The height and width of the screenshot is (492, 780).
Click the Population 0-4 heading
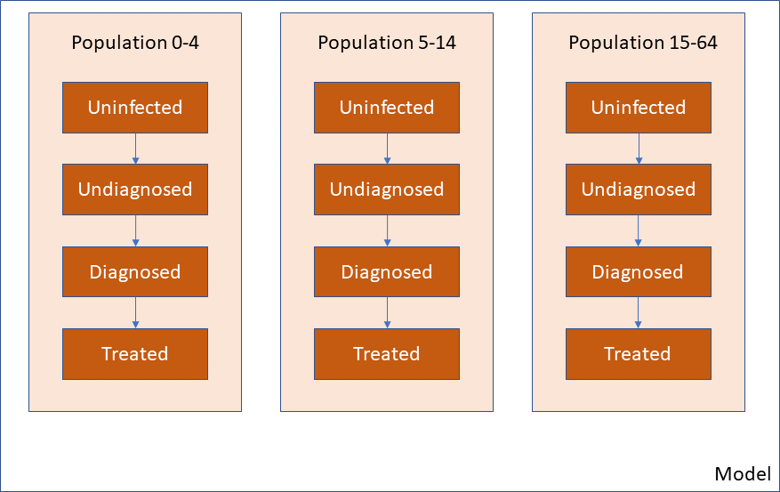coord(135,43)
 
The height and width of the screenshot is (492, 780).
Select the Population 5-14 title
coord(387,43)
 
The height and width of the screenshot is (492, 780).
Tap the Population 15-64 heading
coord(643,43)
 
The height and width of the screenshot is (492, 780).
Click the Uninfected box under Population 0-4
coord(135,108)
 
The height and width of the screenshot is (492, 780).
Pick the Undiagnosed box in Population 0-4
coord(135,190)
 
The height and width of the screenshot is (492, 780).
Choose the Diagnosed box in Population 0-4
coord(135,271)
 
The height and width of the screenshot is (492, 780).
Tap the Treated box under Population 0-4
coord(135,354)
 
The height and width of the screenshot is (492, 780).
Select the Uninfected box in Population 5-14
coord(387,108)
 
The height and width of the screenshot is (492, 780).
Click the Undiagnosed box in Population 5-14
coord(387,190)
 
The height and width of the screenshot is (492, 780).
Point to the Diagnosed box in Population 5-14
coord(387,271)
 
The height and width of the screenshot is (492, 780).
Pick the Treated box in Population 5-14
coord(387,354)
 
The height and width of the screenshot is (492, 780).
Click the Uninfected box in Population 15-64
coord(639,108)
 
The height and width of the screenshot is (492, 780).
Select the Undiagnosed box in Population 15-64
coord(639,190)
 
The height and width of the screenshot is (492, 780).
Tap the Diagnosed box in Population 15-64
coord(639,271)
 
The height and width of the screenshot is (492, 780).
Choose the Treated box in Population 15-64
coord(639,354)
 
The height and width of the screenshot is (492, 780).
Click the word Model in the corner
coord(743,473)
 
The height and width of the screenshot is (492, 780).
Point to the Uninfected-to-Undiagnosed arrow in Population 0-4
coord(135,149)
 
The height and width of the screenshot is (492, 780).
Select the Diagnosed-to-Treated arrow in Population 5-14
coord(387,313)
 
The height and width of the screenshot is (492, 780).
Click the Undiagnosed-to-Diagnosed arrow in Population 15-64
coord(639,230)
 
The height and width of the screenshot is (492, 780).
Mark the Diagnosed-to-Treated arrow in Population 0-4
coord(135,313)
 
